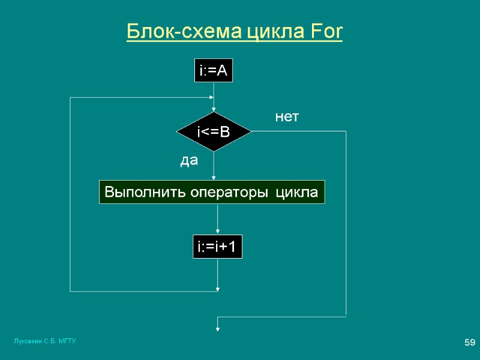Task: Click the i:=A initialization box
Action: point(212,71)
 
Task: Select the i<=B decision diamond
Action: point(213,131)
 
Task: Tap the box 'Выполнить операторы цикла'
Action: point(211,193)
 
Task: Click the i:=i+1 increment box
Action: point(217,247)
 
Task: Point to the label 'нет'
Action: point(287,118)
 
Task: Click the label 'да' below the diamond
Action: point(189,161)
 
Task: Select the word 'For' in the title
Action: point(326,32)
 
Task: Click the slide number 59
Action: point(469,343)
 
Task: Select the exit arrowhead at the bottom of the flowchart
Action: point(217,328)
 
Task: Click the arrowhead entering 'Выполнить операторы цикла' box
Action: point(214,177)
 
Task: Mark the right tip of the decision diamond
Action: point(250,131)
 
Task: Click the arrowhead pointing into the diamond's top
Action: point(214,109)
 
